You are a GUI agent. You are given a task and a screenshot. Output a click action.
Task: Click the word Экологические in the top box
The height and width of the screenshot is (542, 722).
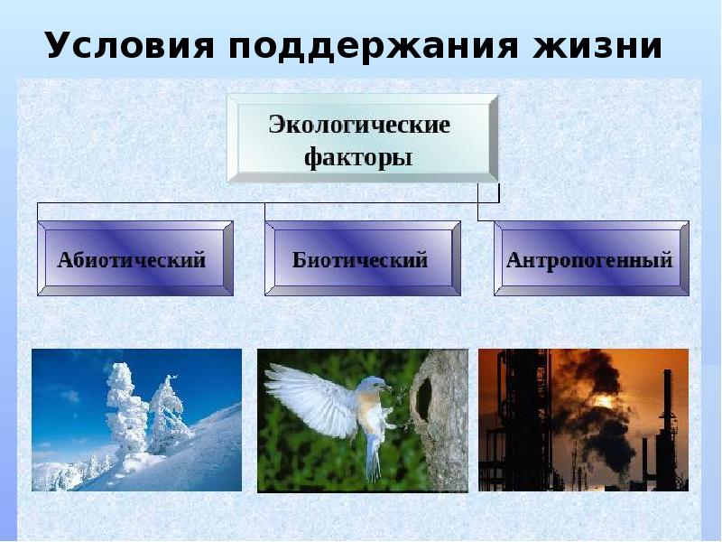(x=359, y=125)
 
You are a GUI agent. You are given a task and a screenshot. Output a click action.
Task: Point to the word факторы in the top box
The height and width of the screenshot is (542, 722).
(x=358, y=157)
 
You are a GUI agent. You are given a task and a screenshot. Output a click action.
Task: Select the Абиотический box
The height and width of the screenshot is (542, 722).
(x=135, y=258)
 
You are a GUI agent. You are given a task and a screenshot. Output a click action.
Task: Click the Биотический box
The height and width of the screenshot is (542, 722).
(x=362, y=258)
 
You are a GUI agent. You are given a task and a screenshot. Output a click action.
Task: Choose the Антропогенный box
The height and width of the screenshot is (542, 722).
(x=591, y=258)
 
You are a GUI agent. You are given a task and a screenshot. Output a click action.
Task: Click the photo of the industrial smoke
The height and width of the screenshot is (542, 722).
(x=583, y=420)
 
